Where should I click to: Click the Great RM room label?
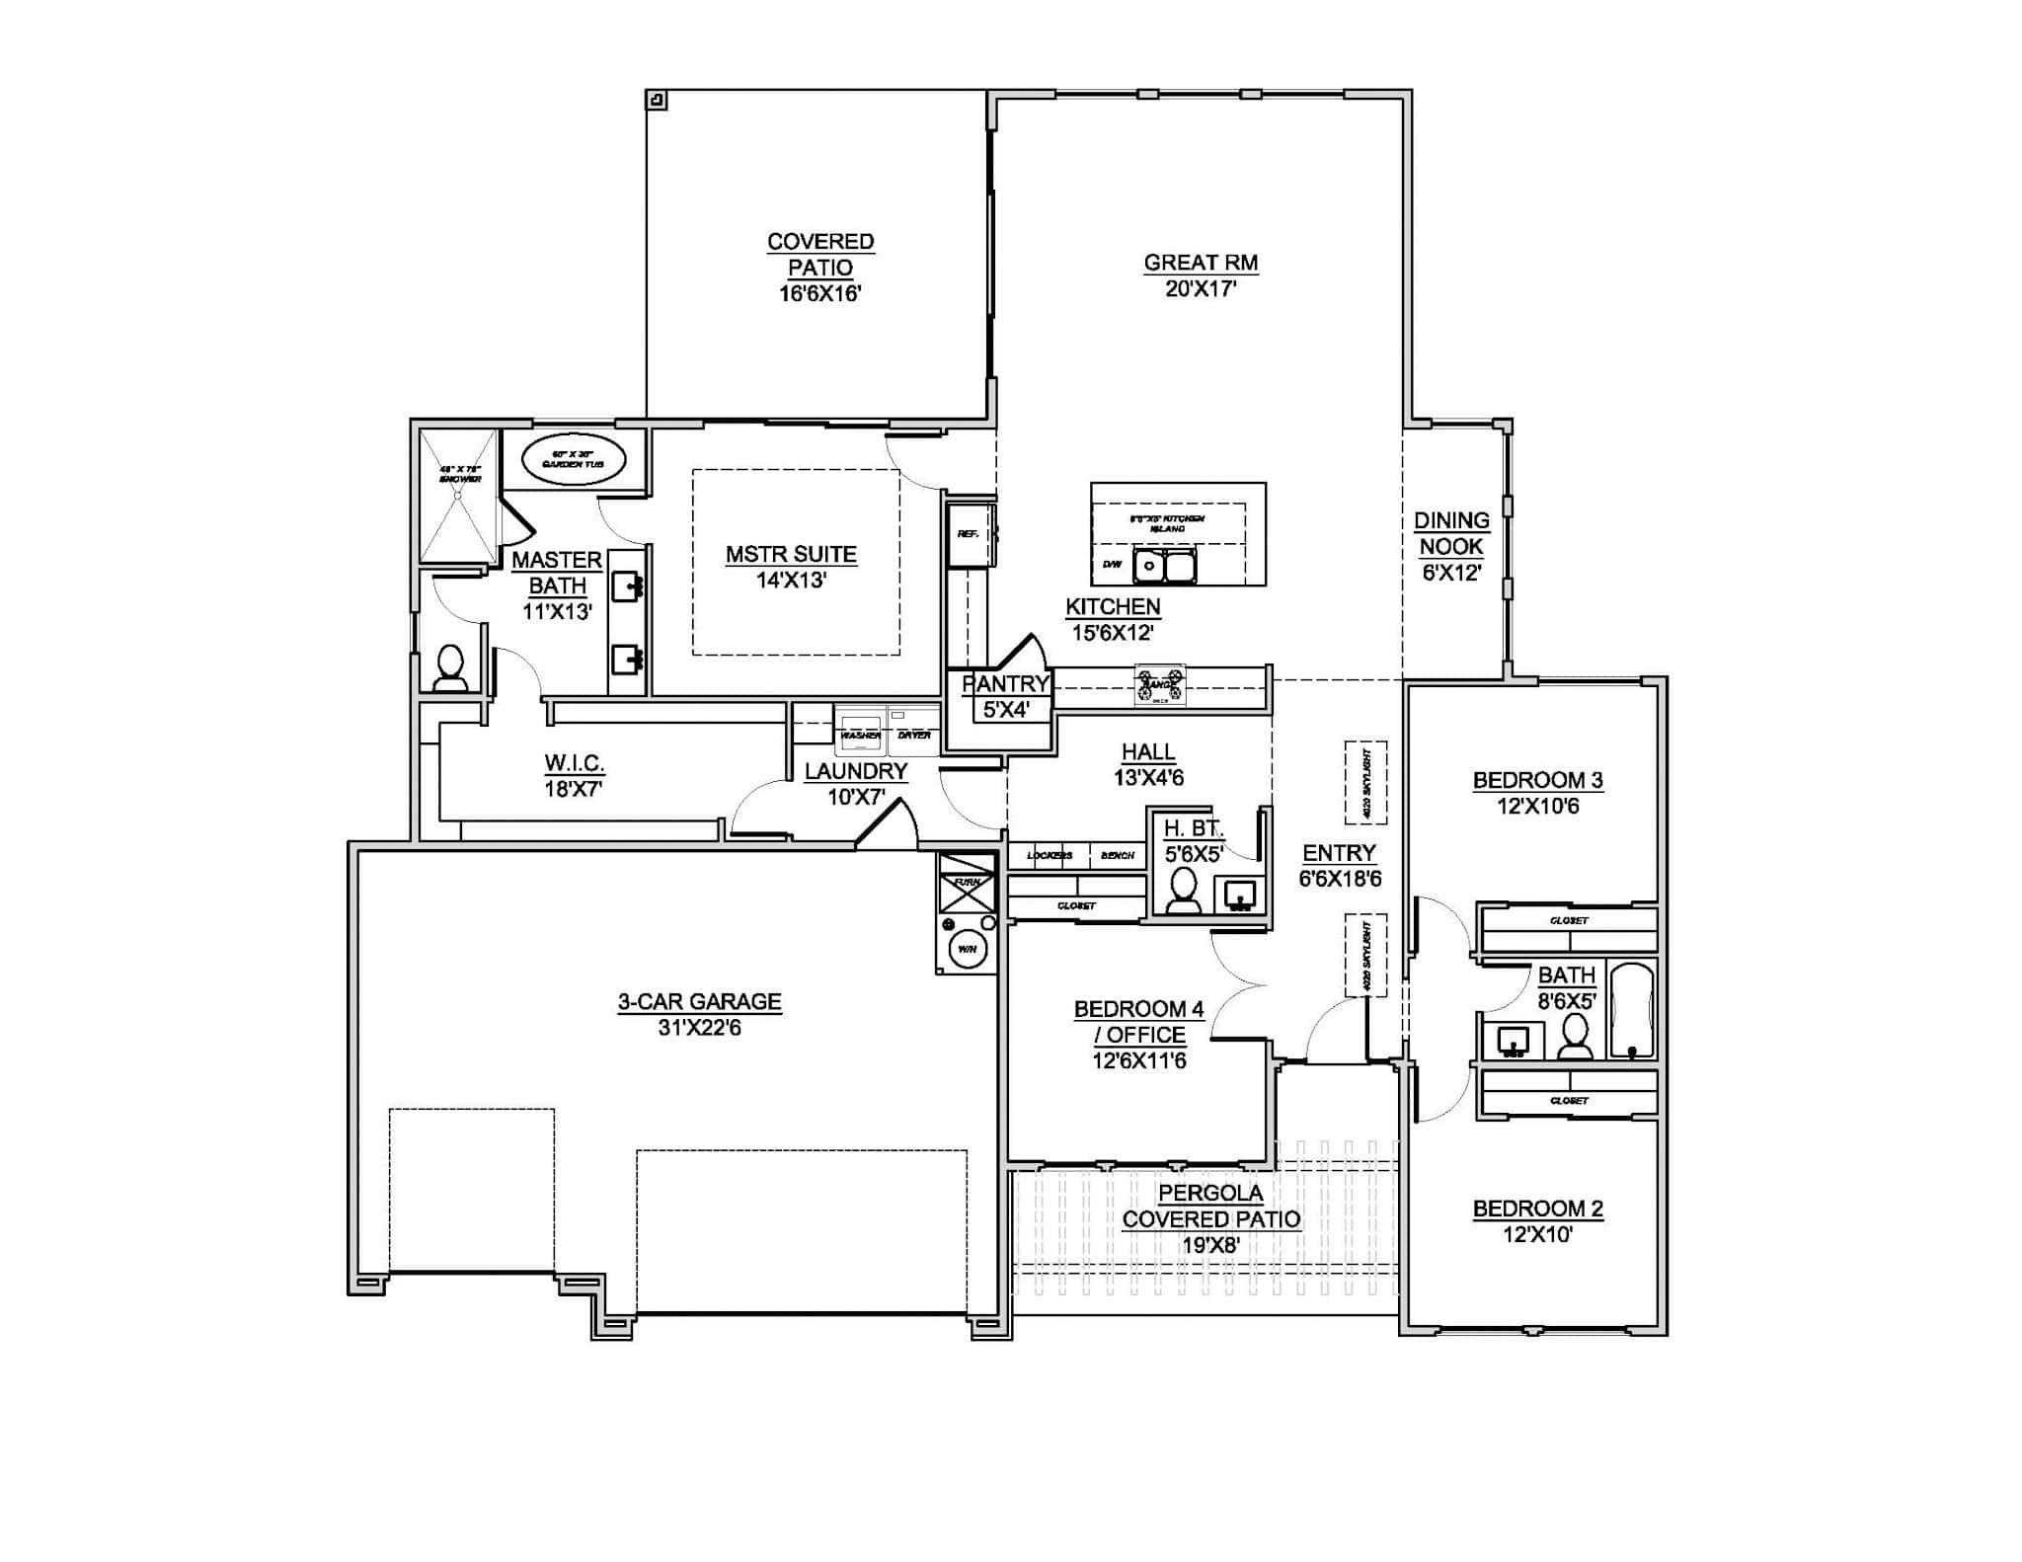1201,263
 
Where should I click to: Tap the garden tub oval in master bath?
574,461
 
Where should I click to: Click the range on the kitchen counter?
1160,684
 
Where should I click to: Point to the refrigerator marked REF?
969,536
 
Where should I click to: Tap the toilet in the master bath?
451,668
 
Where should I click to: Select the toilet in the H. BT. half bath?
1183,890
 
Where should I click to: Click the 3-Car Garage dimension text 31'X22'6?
699,1028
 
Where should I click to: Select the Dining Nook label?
1451,533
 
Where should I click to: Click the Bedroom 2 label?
1537,1209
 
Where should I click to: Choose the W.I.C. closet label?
574,763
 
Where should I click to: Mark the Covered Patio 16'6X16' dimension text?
819,293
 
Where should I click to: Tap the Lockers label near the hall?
1049,855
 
